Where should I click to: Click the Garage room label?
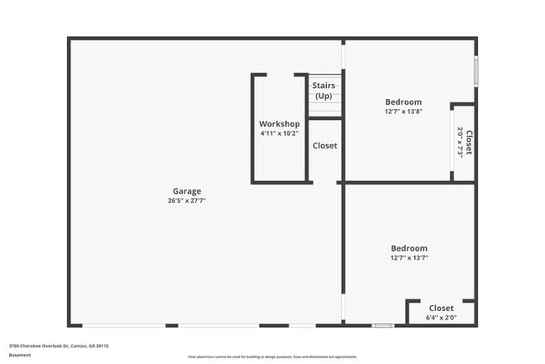[186, 191]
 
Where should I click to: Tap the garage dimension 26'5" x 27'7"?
[186, 201]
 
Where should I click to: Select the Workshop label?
[279, 124]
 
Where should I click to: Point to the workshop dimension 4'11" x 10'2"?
[279, 134]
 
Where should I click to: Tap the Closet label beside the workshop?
[324, 146]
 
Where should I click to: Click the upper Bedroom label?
[403, 101]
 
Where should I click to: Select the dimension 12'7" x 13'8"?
[403, 112]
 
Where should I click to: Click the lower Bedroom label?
[409, 248]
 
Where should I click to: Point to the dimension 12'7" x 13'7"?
[409, 258]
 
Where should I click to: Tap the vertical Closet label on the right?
[469, 143]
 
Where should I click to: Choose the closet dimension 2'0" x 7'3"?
[459, 143]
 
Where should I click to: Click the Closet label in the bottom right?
[441, 308]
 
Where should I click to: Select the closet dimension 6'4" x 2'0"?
[441, 318]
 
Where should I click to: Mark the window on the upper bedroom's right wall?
[475, 70]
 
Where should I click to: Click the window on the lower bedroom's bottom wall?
[382, 325]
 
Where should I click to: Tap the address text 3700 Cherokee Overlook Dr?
[59, 346]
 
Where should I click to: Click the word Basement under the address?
[20, 355]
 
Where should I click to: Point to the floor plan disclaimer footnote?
[272, 356]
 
